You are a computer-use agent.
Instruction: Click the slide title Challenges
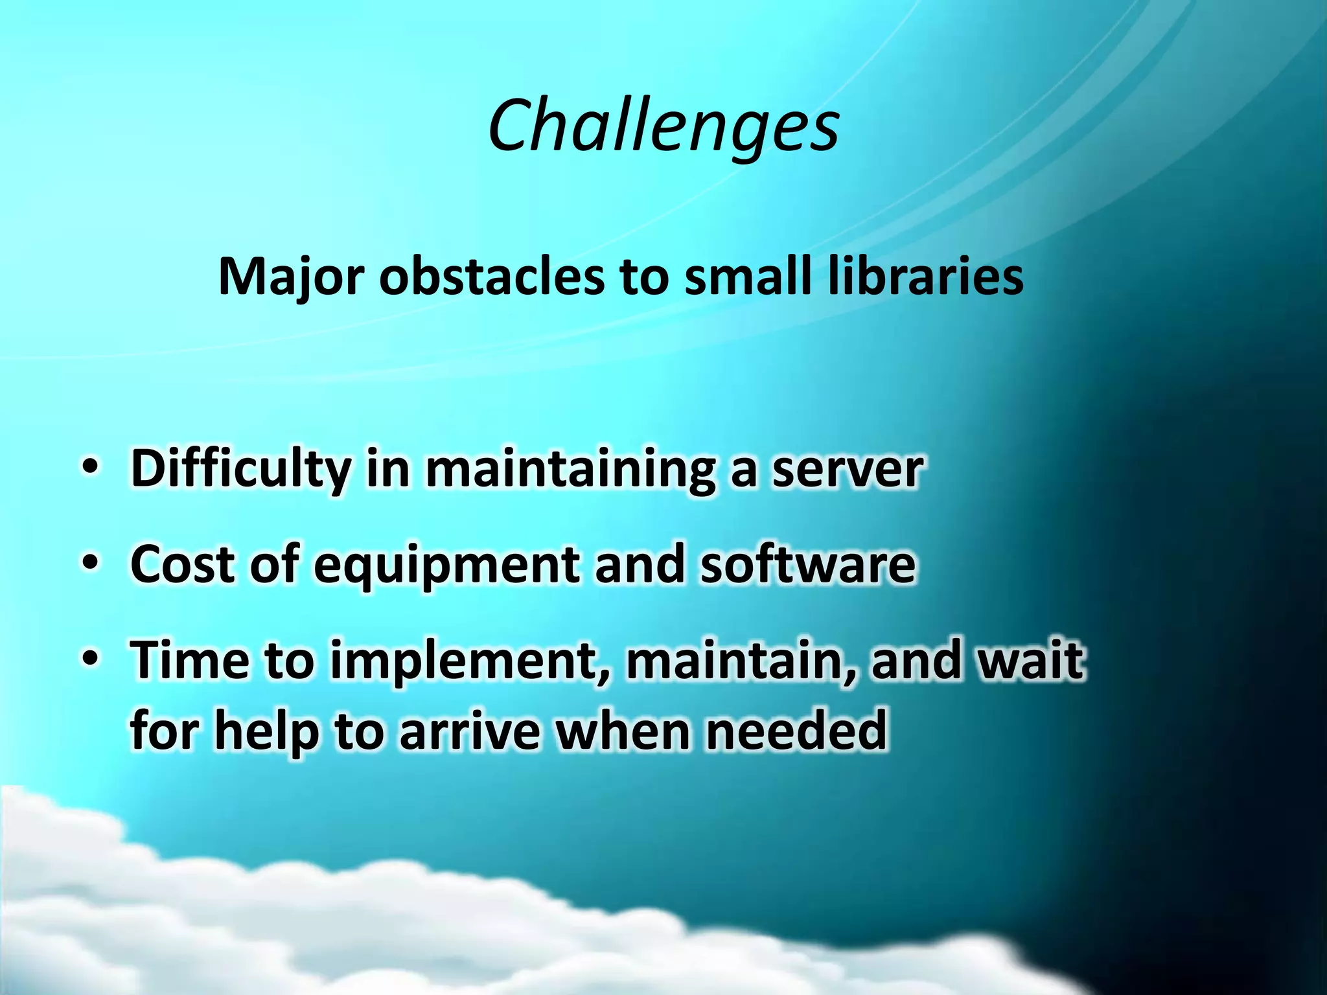663,126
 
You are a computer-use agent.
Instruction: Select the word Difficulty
240,468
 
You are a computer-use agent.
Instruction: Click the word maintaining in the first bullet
570,468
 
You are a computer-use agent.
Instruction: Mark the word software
807,564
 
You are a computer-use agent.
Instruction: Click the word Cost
181,564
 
